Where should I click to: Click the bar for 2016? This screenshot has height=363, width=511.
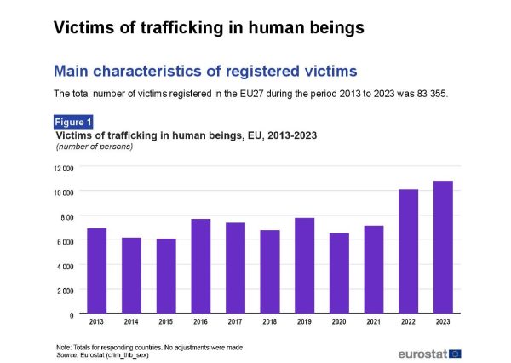pyautogui.click(x=200, y=266)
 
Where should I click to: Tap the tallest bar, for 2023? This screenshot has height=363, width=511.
pyautogui.click(x=443, y=246)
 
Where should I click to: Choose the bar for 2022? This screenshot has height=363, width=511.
pyautogui.click(x=408, y=251)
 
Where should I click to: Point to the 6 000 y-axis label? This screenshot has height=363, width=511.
pyautogui.click(x=66, y=242)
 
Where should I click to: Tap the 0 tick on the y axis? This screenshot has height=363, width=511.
pyautogui.click(x=71, y=315)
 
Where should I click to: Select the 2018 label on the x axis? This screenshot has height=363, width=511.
pyautogui.click(x=269, y=322)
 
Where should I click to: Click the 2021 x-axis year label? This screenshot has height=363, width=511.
pyautogui.click(x=373, y=322)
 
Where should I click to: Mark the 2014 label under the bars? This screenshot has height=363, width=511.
pyautogui.click(x=130, y=322)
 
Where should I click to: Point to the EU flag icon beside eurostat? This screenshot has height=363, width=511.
pyautogui.click(x=455, y=351)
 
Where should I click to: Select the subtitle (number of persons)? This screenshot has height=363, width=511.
pyautogui.click(x=94, y=147)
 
